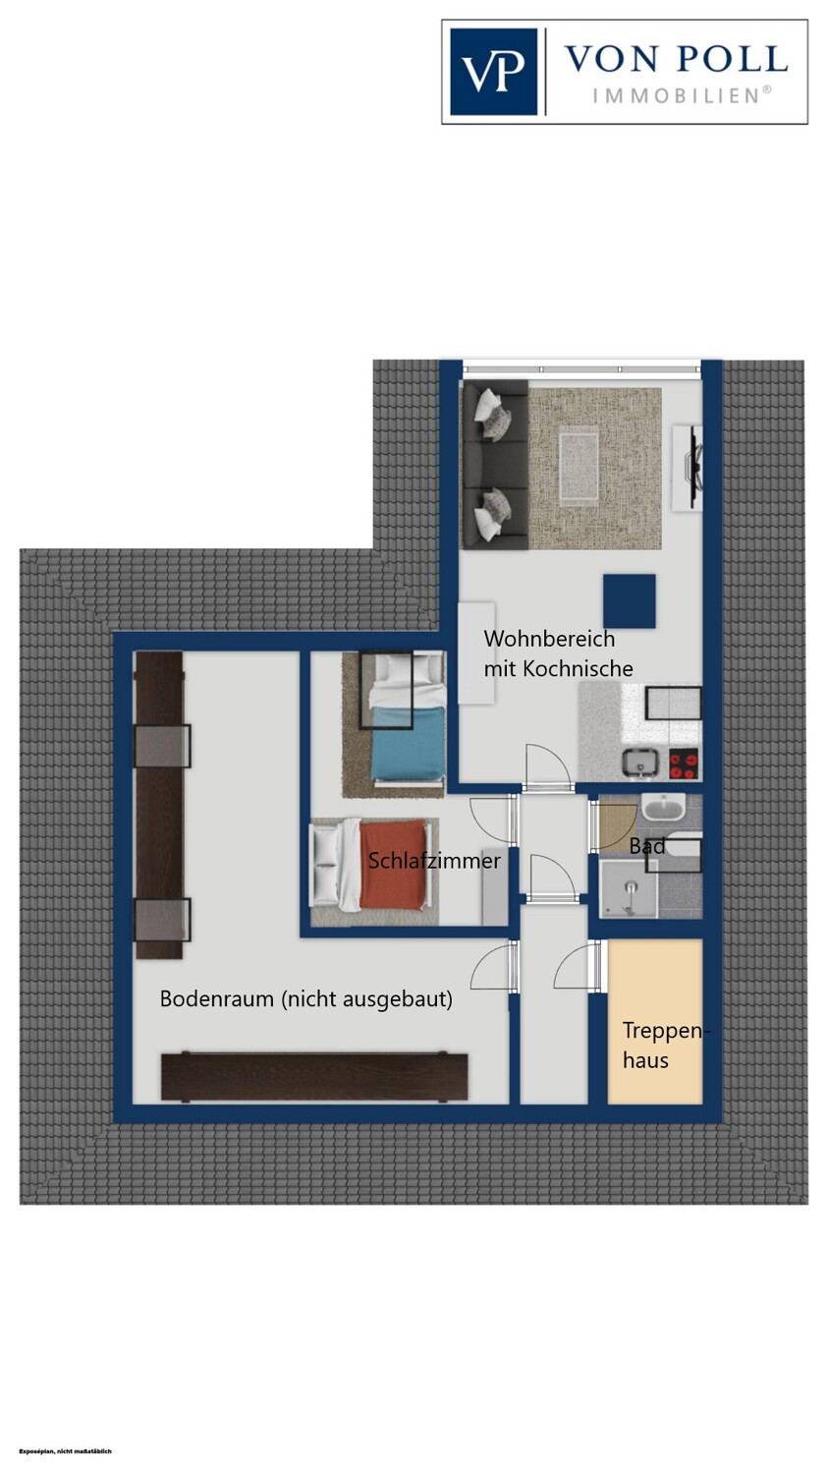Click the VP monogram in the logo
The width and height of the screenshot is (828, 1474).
tap(493, 72)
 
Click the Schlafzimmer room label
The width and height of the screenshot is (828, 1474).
tap(434, 861)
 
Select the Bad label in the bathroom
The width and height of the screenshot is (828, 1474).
tap(647, 846)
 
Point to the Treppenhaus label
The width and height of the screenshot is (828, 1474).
tap(663, 1046)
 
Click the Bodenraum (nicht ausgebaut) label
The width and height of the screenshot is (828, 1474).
tap(305, 999)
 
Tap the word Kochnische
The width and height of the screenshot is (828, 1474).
tap(578, 668)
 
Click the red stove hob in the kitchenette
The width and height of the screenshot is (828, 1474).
tap(685, 765)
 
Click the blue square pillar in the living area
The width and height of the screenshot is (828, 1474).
tap(630, 601)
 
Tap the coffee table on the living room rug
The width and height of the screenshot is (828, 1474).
tap(579, 467)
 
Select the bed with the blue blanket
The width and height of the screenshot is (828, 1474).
tap(407, 717)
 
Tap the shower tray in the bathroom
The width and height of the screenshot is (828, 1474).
tap(628, 889)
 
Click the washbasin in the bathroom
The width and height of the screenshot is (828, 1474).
tap(664, 807)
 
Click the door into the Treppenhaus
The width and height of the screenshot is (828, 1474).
tap(579, 966)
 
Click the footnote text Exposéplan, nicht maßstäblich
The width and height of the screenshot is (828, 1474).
tap(66, 1451)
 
